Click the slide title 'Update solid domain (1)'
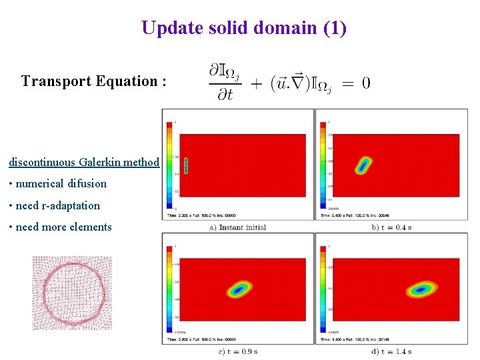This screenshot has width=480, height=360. [x=243, y=28]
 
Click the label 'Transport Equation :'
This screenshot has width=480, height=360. [x=93, y=81]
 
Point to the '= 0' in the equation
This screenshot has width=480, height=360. [x=357, y=83]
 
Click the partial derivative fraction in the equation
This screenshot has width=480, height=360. [x=224, y=83]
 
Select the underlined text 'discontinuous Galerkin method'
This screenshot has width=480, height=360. [x=84, y=162]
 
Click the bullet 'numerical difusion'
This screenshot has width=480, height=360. [x=57, y=183]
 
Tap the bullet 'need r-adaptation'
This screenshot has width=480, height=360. [x=54, y=205]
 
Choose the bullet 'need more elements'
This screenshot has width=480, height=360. [x=60, y=227]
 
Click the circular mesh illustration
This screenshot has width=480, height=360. [x=72, y=293]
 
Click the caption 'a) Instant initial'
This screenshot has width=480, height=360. [x=238, y=227]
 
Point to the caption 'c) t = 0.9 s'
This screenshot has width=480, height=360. [x=238, y=351]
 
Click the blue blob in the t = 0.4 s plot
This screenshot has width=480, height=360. [x=363, y=165]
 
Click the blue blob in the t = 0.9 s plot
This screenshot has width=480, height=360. [x=239, y=289]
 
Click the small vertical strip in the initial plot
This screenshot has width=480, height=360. [x=187, y=165]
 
